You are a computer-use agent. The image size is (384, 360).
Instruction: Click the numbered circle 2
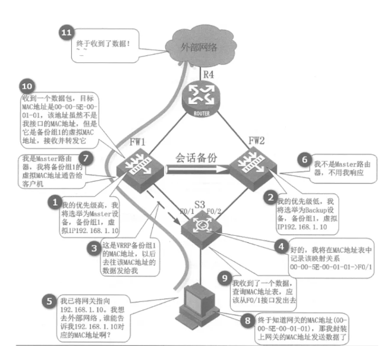tap(270, 195)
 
